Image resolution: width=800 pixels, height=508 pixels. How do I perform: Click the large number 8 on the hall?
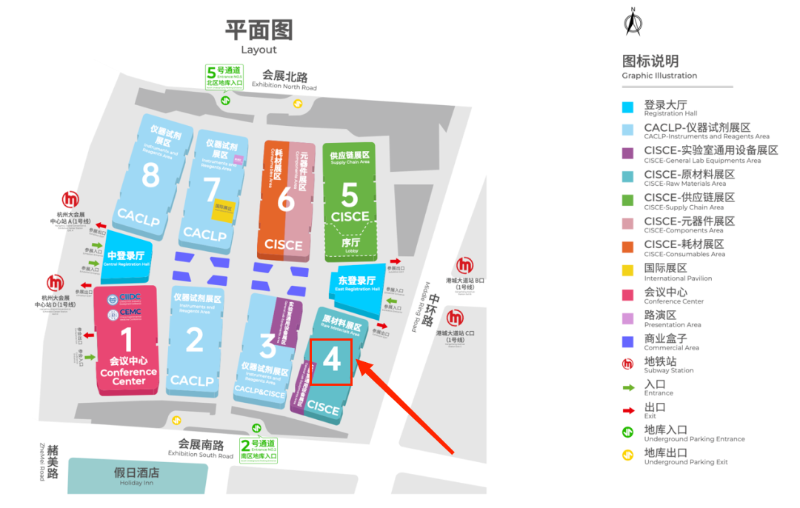pos(150,176)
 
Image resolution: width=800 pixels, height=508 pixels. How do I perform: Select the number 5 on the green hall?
pos(349,195)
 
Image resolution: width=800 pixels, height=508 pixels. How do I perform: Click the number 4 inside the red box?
pos(331,360)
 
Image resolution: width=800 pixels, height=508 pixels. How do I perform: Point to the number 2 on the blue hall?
pos(194,340)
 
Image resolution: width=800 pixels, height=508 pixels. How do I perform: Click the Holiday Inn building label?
pos(136,476)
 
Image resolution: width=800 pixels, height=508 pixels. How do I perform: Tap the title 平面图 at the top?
pos(259,30)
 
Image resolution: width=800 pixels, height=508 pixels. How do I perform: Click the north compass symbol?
pos(633,22)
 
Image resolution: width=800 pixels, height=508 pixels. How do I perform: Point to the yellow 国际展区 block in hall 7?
pos(224,209)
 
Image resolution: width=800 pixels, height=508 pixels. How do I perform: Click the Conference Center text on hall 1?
pos(128,376)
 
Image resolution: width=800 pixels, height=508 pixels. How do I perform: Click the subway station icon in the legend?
pos(627,364)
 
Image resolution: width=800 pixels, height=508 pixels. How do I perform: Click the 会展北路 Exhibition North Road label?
pos(284,79)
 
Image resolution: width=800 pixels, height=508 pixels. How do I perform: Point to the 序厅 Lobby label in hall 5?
pos(350,244)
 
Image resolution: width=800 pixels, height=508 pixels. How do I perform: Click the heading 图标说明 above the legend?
pos(650,61)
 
